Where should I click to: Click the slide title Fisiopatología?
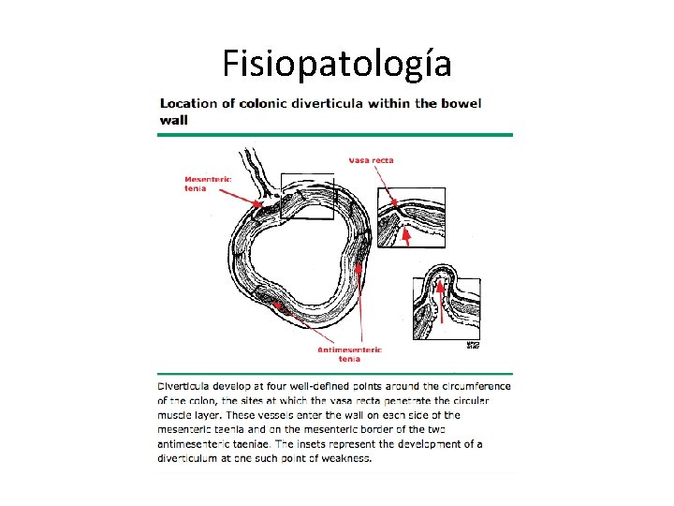[x=337, y=64]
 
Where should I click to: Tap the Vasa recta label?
[x=371, y=160]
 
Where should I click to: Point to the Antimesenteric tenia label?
[x=349, y=353]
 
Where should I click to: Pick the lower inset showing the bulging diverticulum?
[x=447, y=302]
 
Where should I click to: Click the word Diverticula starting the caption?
[x=186, y=386]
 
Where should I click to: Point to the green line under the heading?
[x=334, y=135]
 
